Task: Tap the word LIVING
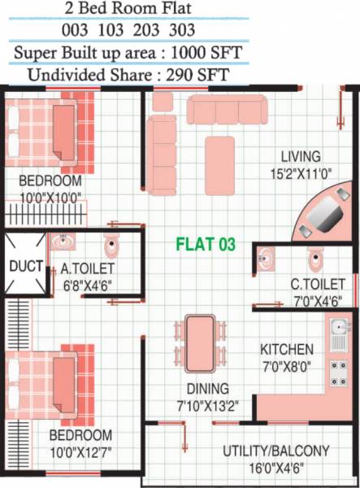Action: pyautogui.click(x=301, y=156)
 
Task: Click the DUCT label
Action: pyautogui.click(x=25, y=266)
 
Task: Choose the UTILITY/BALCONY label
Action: pyautogui.click(x=276, y=451)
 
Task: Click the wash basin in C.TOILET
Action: pyautogui.click(x=266, y=260)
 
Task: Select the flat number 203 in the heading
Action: pyautogui.click(x=206, y=31)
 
